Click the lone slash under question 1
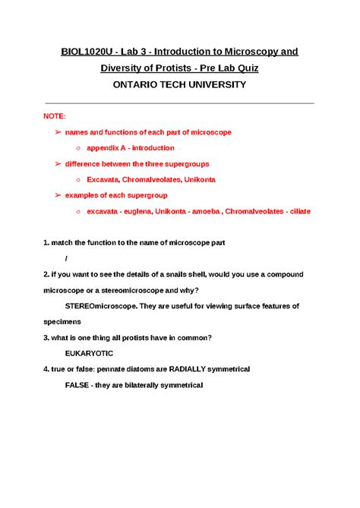click(x=67, y=258)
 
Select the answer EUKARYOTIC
click(x=90, y=353)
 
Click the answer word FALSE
click(x=79, y=385)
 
